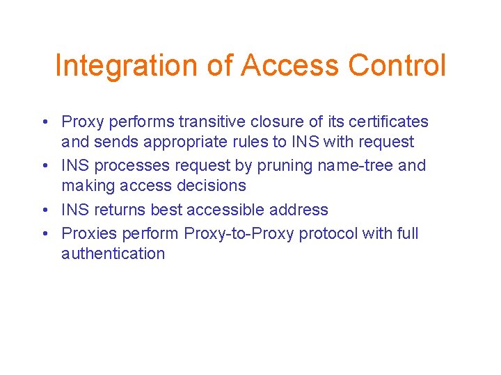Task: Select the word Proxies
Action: pyautogui.click(x=87, y=233)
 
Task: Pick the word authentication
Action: pyautogui.click(x=113, y=253)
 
